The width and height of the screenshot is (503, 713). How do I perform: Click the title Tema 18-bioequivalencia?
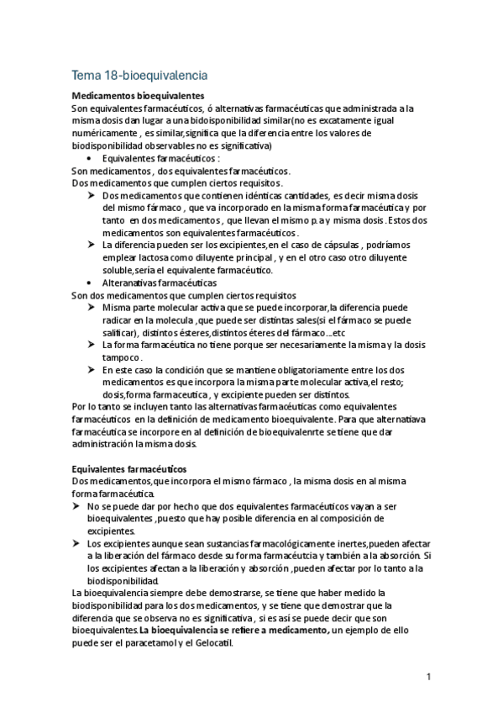pos(139,75)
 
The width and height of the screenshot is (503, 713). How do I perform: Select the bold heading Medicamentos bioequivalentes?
pos(139,96)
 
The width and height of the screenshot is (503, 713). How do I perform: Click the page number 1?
pos(427,676)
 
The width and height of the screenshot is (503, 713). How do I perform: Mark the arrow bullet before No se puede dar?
pos(77,507)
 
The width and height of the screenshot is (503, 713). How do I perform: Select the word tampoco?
pos(122,357)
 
